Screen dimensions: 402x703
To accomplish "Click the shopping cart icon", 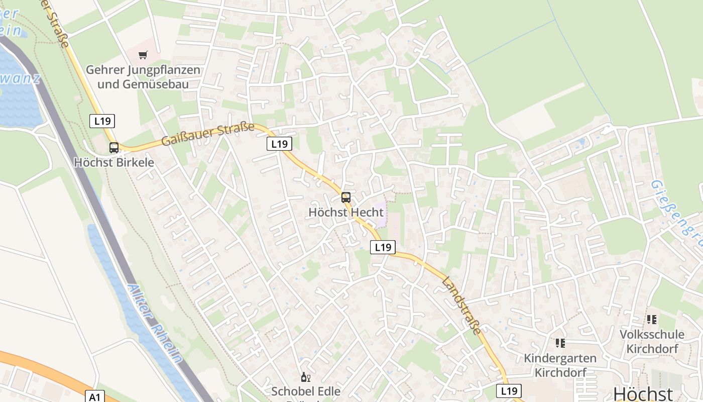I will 144,55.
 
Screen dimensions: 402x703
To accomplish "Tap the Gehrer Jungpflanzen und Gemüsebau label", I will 143,77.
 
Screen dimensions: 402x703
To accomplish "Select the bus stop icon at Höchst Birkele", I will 114,148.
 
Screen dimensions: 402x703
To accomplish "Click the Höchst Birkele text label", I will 114,163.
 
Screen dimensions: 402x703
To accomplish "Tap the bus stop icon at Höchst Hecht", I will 346,197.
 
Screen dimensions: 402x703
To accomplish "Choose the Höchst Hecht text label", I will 346,212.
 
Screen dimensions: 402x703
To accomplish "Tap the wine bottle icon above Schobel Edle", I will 305,377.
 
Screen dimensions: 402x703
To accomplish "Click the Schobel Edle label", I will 306,391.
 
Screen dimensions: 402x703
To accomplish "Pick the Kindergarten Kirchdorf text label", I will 560,365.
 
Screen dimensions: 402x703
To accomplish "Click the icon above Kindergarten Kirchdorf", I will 560,343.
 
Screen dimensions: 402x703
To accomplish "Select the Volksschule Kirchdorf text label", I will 652,341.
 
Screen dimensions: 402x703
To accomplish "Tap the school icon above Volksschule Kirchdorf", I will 652,319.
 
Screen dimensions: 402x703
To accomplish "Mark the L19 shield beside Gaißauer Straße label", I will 279,144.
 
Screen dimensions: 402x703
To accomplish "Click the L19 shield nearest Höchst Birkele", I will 102,121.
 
